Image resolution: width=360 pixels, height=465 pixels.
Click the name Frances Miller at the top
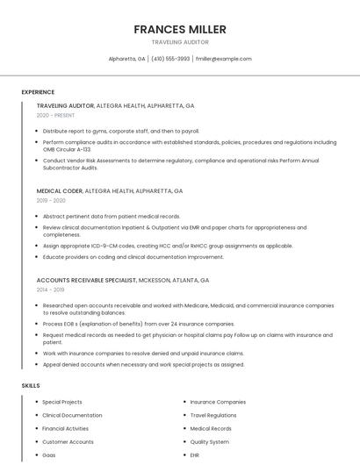[x=180, y=29]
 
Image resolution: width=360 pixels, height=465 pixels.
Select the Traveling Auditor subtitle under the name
[x=180, y=42]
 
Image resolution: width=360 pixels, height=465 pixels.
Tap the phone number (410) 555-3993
[x=170, y=59]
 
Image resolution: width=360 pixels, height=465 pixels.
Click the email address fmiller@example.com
[x=223, y=59]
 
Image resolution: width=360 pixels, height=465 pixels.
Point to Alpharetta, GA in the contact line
[x=126, y=59]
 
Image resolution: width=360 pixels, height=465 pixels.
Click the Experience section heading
[x=38, y=92]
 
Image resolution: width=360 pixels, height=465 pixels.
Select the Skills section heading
[x=31, y=385]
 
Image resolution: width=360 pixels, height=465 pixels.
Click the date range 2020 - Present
[x=56, y=116]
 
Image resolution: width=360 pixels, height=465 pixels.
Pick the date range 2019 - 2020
[x=51, y=200]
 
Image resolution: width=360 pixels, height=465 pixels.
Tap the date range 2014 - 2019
[x=51, y=290]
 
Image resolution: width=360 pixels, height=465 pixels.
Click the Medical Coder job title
[x=60, y=190]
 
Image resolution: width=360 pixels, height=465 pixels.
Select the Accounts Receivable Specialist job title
[x=86, y=280]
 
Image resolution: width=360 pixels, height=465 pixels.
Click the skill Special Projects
[x=62, y=402]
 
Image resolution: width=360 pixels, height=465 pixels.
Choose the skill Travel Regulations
[x=213, y=415]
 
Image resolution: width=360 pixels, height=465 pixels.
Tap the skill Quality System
[x=210, y=442]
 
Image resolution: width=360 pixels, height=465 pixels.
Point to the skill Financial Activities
[x=66, y=428]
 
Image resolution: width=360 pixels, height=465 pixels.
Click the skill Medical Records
[x=211, y=428]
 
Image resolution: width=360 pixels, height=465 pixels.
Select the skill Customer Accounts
[x=68, y=442]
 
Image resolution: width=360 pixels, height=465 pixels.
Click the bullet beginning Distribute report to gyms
[x=121, y=131]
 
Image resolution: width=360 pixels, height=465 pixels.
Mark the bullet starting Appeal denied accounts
[x=143, y=364]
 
